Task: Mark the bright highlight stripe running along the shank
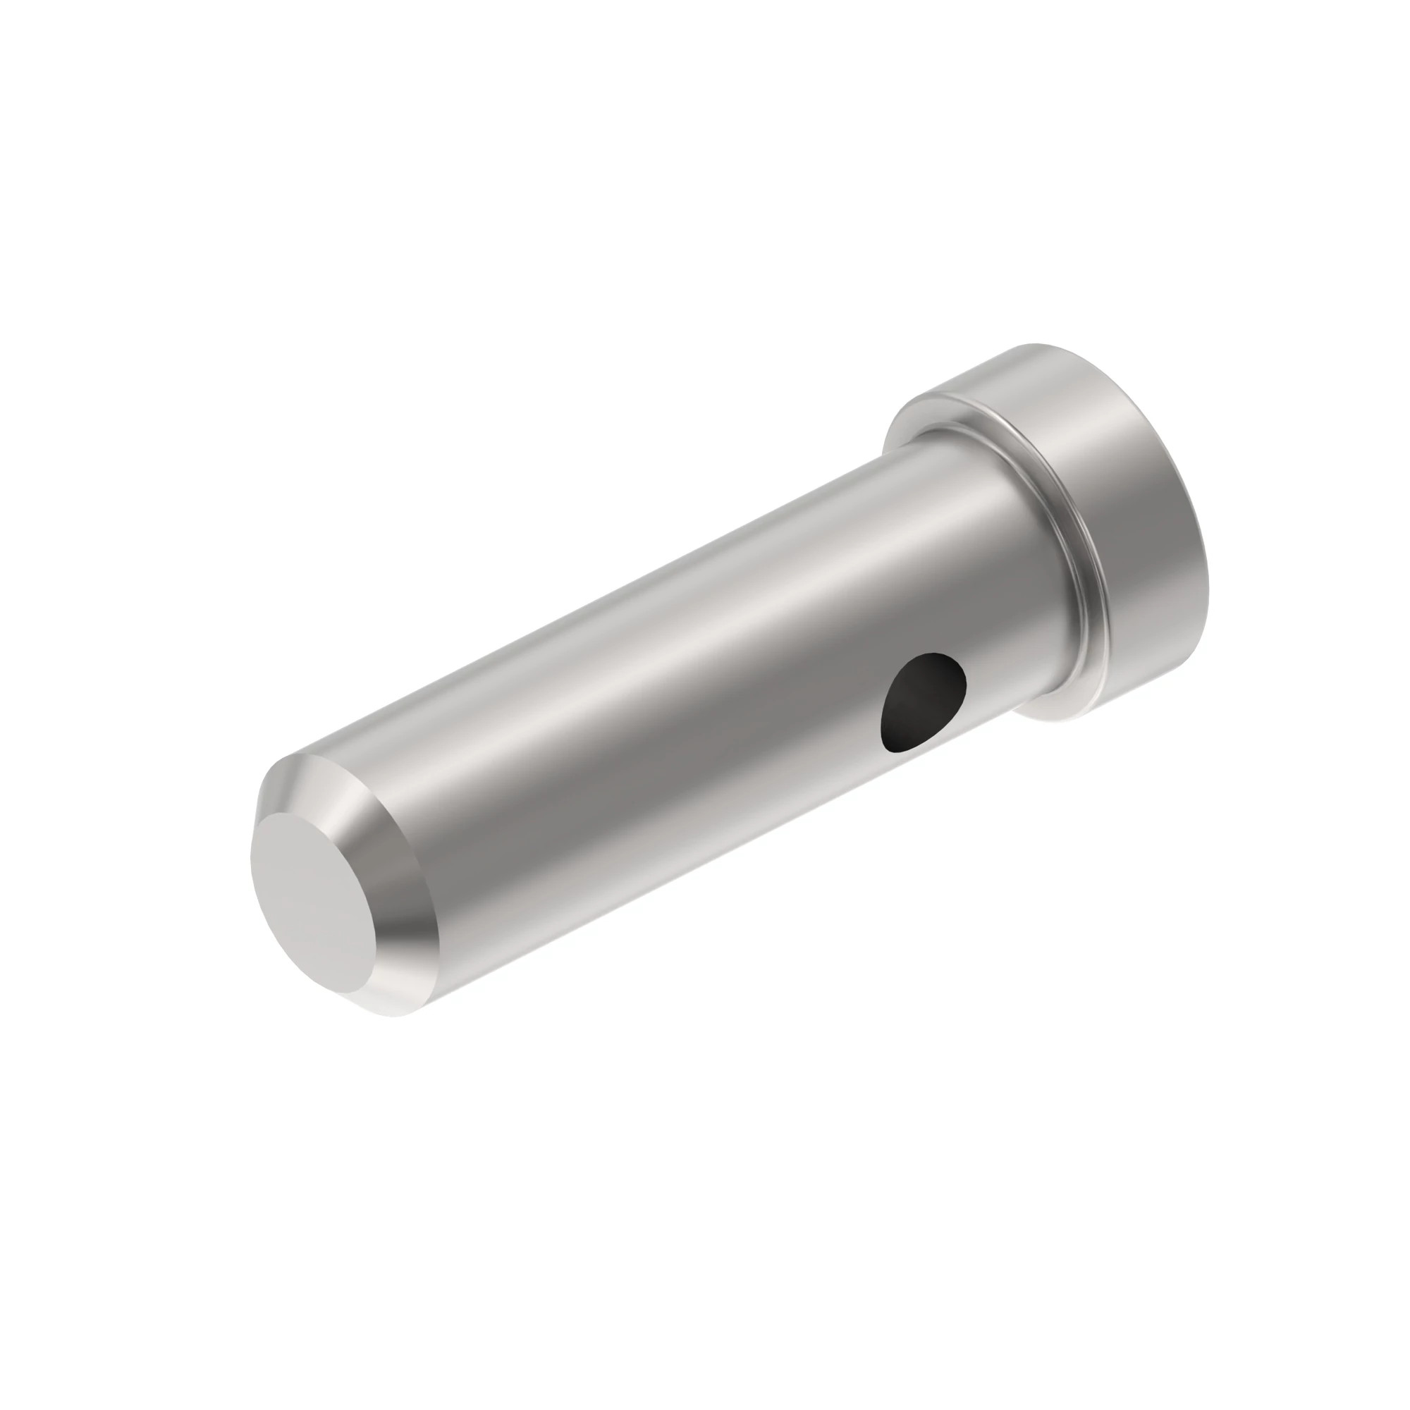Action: coord(657,657)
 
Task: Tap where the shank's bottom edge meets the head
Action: coord(1022,719)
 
